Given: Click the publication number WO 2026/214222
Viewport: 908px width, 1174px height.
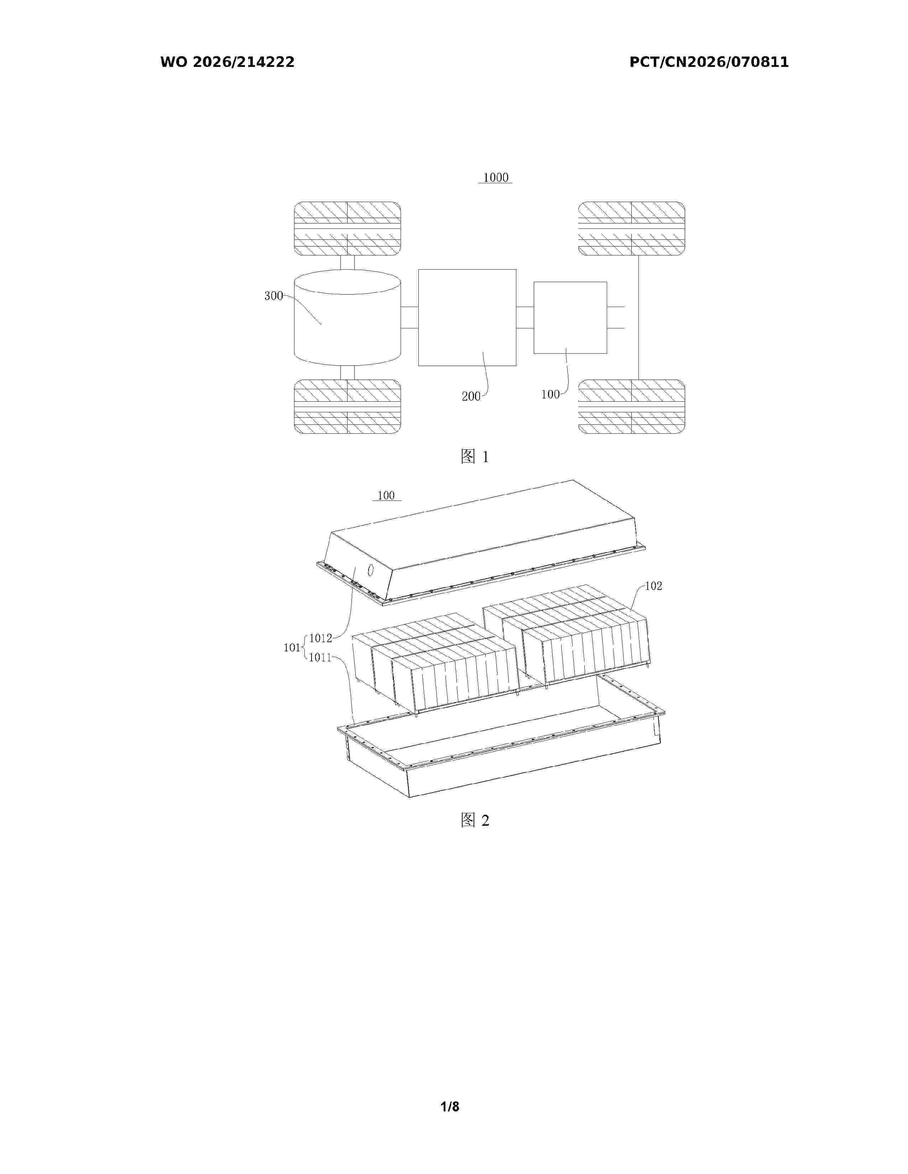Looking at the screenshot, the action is (227, 62).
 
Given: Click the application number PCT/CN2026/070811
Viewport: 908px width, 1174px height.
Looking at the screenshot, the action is (709, 62).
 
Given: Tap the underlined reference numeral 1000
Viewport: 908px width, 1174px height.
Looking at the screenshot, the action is (495, 178).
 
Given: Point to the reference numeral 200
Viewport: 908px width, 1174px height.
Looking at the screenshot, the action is (471, 397).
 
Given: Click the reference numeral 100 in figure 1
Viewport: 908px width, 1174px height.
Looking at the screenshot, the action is (550, 395).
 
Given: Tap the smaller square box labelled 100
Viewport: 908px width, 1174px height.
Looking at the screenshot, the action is (570, 318).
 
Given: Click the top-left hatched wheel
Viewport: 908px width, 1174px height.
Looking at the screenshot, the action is (348, 228).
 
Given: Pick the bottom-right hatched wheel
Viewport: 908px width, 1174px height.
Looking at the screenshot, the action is (632, 406).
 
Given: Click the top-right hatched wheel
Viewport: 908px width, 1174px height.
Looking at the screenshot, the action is (632, 228).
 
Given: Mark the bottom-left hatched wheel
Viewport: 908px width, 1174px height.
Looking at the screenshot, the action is (348, 406).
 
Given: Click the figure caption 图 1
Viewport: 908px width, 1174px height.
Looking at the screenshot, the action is (475, 457).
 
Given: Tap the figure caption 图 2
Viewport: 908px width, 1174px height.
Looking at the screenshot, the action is (475, 820).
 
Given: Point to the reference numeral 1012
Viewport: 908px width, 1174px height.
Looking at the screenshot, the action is (320, 638).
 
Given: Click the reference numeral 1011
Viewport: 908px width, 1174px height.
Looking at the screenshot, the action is (320, 657).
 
